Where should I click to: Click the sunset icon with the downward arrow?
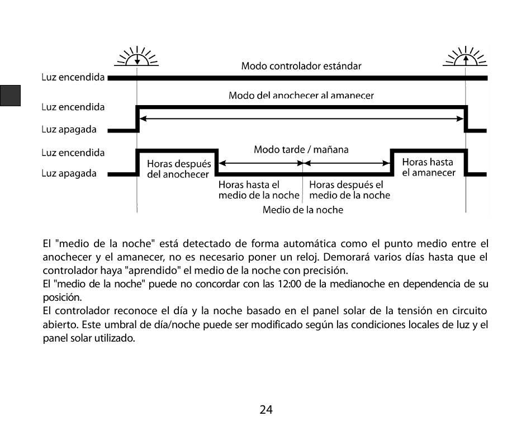point(136,57)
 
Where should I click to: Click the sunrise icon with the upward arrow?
point(465,57)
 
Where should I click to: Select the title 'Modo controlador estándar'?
point(301,66)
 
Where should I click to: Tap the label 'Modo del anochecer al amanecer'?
point(301,96)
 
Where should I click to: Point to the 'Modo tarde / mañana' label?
point(301,149)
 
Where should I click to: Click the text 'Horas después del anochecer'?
point(179,169)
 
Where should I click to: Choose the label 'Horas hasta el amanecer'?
point(429,167)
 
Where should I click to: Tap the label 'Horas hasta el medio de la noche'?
point(258,190)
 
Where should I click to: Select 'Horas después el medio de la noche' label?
point(349,190)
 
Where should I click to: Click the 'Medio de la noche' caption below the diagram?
point(303,210)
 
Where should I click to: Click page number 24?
point(266,410)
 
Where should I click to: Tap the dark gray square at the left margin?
point(11,96)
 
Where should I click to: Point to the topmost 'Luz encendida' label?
point(73,78)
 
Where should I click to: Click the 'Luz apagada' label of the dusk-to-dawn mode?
point(69,129)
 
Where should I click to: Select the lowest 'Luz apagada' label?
point(69,173)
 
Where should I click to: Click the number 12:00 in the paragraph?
point(288,284)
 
